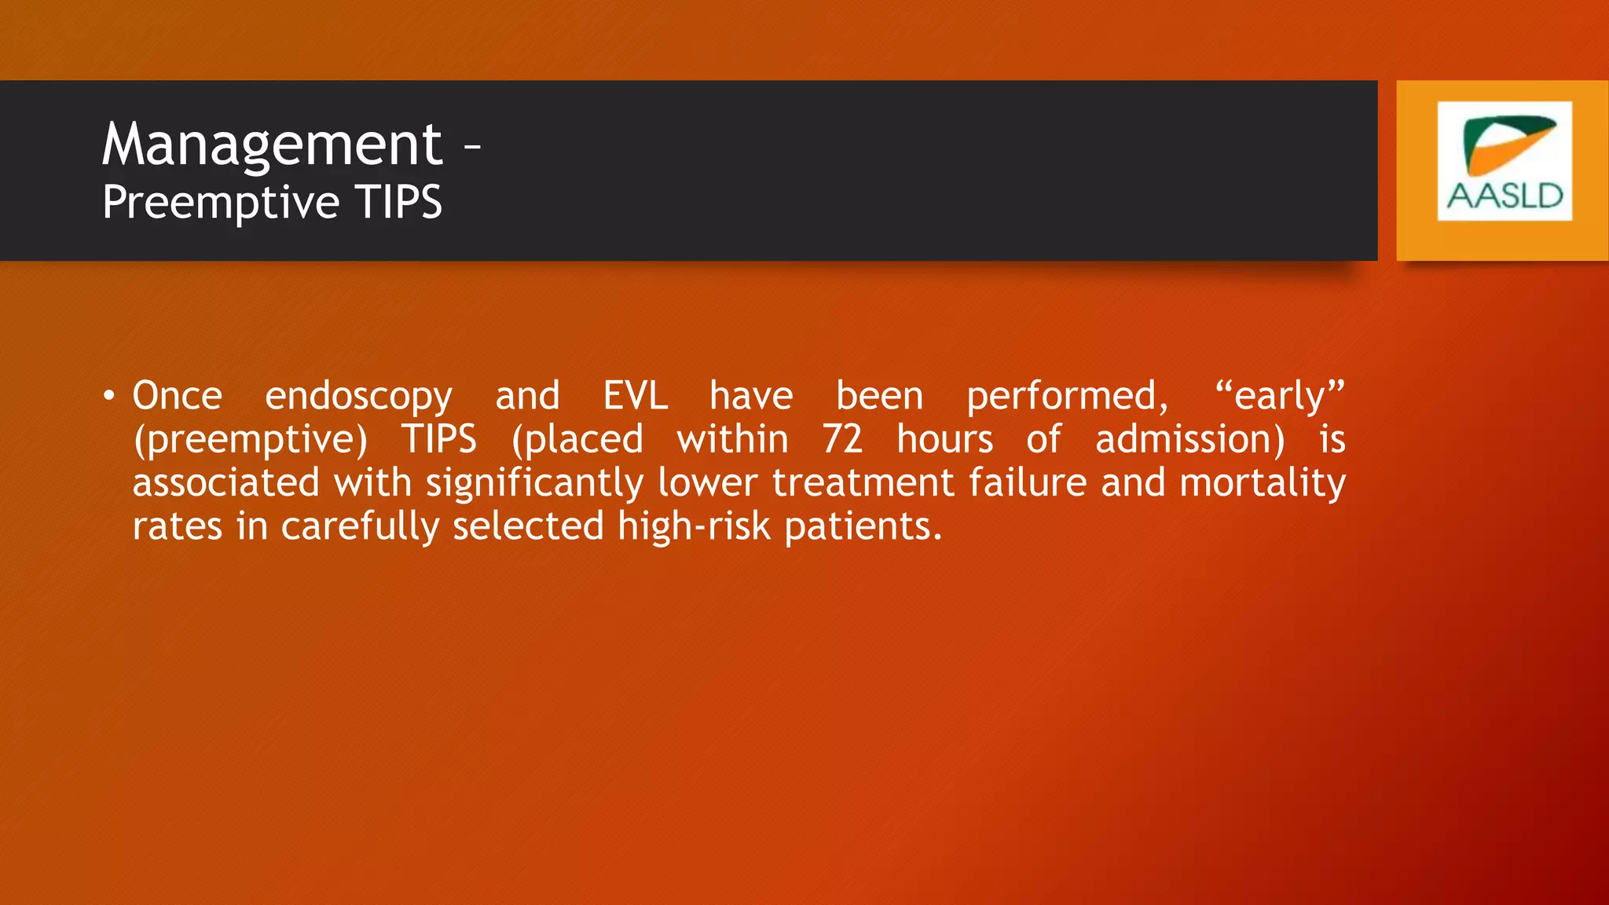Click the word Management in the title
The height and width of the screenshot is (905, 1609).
[272, 145]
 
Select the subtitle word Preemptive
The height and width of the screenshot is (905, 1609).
[221, 203]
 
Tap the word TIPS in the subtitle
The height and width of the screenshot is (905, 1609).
[398, 202]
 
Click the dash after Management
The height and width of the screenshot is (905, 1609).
[471, 146]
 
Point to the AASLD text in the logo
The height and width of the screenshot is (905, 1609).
[1505, 196]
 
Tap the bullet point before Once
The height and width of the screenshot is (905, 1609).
[109, 395]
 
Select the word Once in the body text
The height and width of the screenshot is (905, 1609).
[178, 396]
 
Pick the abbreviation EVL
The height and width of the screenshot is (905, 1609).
[636, 396]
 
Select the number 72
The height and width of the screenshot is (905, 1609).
[842, 439]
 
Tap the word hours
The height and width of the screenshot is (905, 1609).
[945, 439]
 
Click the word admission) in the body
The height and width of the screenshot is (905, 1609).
[1190, 440]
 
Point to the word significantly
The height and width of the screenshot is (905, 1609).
[535, 483]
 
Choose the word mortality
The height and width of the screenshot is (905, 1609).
[1263, 483]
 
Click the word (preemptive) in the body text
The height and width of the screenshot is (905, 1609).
[251, 440]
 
